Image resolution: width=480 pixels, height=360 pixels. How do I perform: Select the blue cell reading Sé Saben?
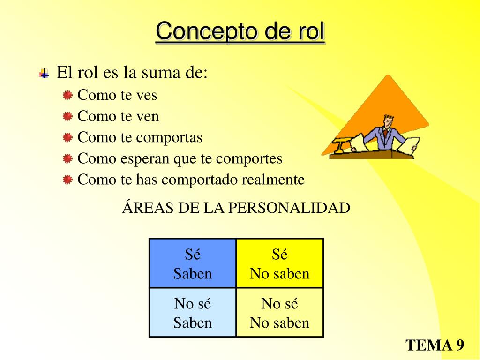[x=193, y=263]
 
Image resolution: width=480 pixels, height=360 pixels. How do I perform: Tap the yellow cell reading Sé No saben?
[x=280, y=263]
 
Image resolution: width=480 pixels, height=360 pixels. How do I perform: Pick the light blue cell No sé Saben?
[x=193, y=313]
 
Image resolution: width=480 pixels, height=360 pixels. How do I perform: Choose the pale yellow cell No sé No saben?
[x=280, y=313]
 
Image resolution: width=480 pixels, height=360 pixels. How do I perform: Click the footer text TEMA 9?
[x=435, y=345]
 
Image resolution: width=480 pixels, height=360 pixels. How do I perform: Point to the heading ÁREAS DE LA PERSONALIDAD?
[x=236, y=208]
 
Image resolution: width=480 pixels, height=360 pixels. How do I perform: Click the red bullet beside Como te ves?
[x=68, y=95]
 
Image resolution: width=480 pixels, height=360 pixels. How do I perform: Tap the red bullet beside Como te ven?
[x=68, y=116]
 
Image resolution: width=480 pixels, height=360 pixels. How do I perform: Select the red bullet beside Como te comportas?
[x=68, y=137]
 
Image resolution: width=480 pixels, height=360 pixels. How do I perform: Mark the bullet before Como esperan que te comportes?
[x=68, y=158]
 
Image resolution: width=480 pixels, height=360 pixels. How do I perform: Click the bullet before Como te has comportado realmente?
[x=68, y=180]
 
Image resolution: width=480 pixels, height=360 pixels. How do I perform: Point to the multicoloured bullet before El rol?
[x=44, y=73]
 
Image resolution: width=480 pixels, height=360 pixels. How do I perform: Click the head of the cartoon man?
[x=388, y=121]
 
